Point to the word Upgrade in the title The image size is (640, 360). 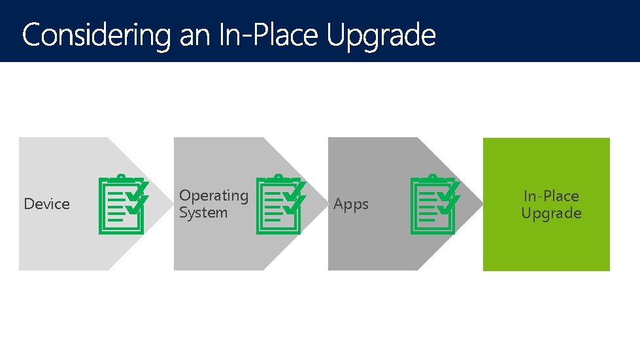380,35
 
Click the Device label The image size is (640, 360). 46,204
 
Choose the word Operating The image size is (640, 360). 214,195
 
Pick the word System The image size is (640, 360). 203,212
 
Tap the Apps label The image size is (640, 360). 351,204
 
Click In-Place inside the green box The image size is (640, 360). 551,195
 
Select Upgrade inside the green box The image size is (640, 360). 551,213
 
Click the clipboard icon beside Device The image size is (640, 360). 122,204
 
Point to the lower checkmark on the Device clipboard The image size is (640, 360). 137,206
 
